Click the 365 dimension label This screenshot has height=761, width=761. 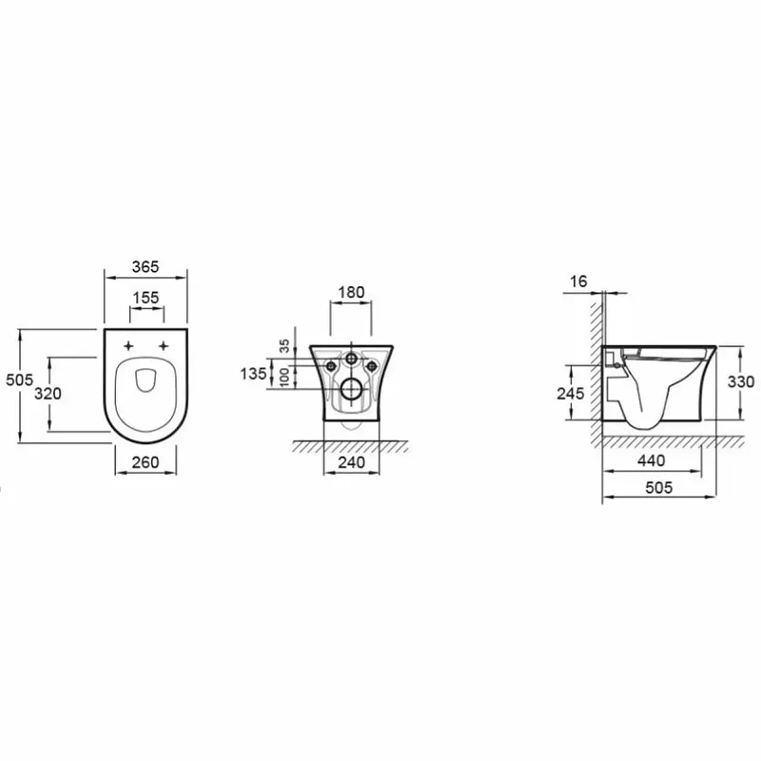point(146,267)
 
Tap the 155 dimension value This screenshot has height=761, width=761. point(146,298)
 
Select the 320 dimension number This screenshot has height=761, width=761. point(49,394)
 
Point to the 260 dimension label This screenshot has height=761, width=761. point(146,462)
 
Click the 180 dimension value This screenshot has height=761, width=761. point(351,292)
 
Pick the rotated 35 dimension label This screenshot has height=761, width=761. point(284,345)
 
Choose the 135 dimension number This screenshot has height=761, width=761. point(253,374)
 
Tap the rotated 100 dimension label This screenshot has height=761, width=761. point(284,377)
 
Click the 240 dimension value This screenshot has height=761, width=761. point(351,462)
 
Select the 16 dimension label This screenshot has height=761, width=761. point(578,282)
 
